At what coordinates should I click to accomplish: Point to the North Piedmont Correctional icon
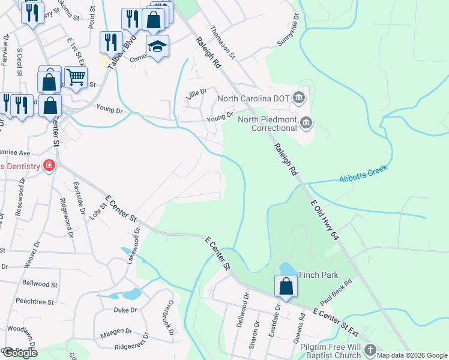click(306, 124)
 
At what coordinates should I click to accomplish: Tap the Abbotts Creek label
click(364, 174)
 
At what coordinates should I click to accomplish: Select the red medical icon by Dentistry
click(48, 166)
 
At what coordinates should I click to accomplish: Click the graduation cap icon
click(157, 46)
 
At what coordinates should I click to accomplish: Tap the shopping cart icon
click(76, 76)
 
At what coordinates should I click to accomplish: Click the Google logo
click(20, 353)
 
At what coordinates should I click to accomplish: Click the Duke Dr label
click(125, 310)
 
